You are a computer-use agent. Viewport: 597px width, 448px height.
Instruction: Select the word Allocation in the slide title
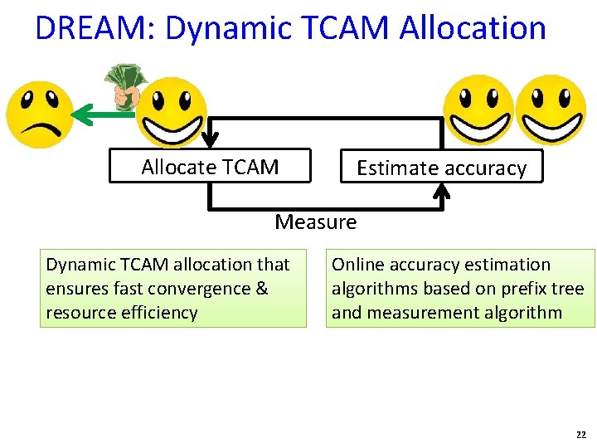[x=472, y=28]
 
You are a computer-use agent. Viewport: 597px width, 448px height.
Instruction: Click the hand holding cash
[x=127, y=85]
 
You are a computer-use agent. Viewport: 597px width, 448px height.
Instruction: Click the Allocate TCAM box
[x=210, y=167]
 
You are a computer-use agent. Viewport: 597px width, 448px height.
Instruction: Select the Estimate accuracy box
[x=441, y=168]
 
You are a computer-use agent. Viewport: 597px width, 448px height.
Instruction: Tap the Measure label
[x=315, y=222]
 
